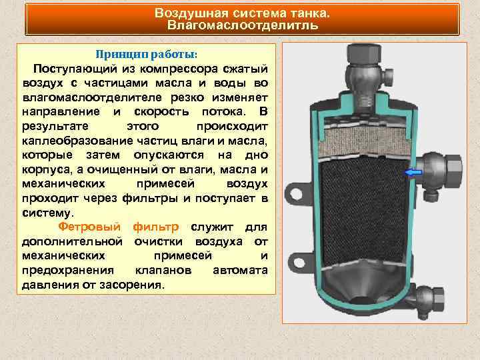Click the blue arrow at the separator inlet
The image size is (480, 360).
pos(414,173)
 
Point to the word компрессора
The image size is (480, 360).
pos(176,69)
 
